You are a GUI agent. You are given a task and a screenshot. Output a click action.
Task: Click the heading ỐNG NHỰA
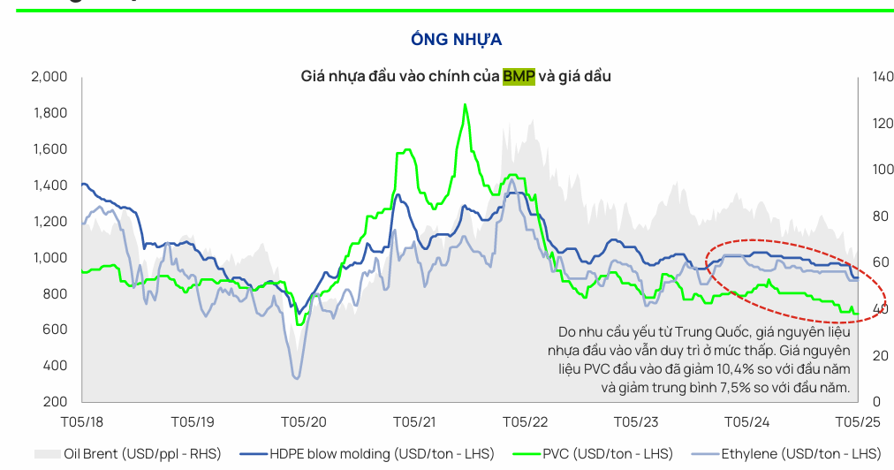456,40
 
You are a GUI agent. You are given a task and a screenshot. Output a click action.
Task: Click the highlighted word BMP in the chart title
519,77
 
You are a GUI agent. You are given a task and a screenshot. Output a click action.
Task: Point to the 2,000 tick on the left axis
49,77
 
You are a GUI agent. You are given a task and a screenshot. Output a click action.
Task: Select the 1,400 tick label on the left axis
49,186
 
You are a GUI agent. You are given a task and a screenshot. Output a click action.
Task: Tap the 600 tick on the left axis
56,330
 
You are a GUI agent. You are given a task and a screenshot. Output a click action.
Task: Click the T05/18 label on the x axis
81,422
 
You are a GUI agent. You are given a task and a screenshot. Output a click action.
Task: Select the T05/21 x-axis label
413,422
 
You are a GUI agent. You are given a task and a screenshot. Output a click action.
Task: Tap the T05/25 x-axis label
856,422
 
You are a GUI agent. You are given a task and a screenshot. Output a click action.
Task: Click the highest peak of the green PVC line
465,104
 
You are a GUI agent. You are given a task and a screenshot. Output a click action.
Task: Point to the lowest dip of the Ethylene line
296,378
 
